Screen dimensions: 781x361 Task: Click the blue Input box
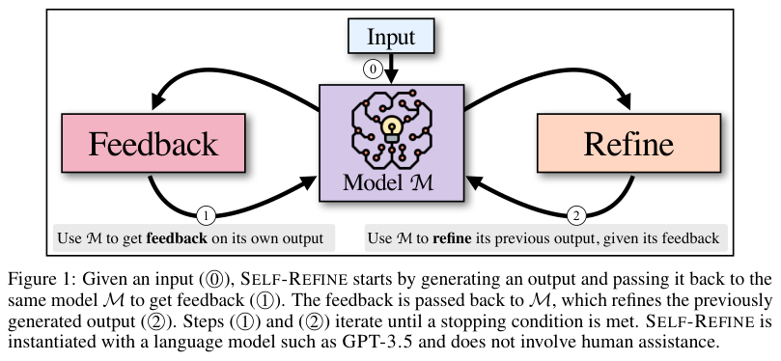(391, 36)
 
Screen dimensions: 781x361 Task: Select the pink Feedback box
(153, 143)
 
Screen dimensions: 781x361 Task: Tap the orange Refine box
(628, 143)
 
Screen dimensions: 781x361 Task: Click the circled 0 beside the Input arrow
(373, 69)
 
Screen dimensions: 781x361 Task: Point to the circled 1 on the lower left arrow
(207, 216)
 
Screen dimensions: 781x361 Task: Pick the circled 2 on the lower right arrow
(576, 216)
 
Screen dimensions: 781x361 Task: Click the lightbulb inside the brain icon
(392, 127)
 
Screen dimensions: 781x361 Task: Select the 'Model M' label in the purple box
(388, 182)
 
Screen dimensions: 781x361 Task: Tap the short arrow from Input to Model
(392, 69)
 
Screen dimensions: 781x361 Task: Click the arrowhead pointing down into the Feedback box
(158, 101)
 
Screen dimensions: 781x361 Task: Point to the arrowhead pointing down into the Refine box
(623, 101)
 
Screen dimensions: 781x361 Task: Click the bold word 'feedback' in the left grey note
(177, 238)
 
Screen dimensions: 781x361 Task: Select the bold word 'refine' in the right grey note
(452, 238)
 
